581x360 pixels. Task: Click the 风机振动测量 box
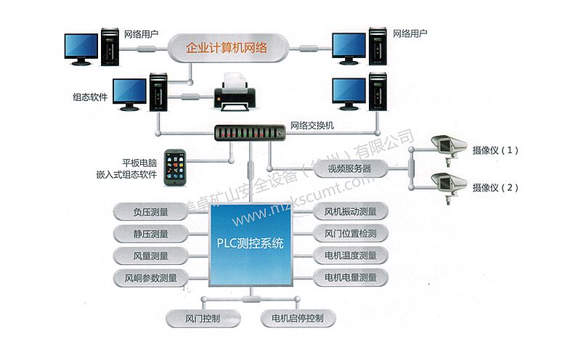pos(351,212)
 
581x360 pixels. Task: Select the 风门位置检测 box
pos(351,234)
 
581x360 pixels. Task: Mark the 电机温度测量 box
pos(351,255)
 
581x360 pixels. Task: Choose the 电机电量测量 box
pos(351,277)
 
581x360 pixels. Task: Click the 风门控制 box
pos(203,318)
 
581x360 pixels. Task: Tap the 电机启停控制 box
pos(297,318)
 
